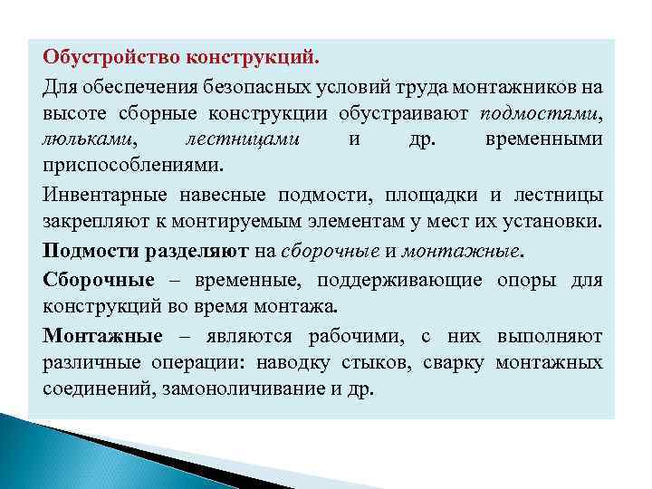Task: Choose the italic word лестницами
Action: (x=243, y=142)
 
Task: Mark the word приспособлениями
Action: (x=123, y=169)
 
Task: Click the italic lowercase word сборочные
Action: (x=326, y=253)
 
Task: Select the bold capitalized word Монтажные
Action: (x=102, y=337)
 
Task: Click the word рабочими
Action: (x=361, y=337)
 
